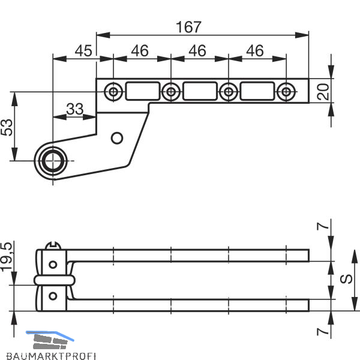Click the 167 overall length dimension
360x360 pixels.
[189, 27]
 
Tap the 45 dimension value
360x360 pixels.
[83, 51]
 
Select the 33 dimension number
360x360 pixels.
[75, 109]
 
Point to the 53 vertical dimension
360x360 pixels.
[7, 127]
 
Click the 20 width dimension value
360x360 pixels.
[323, 92]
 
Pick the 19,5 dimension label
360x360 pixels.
[7, 257]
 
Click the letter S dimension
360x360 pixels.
[346, 279]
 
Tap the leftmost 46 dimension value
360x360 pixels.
[140, 51]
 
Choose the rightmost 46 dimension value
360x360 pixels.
[255, 51]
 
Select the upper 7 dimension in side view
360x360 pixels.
[323, 226]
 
